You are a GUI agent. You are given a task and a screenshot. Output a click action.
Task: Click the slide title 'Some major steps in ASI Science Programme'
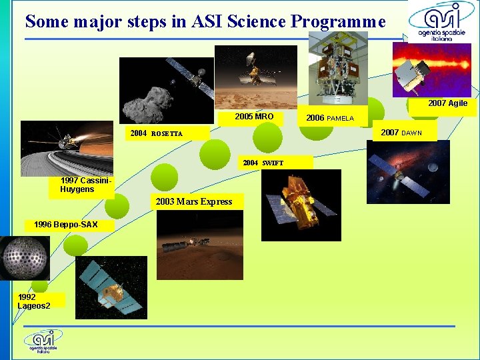tap(205, 21)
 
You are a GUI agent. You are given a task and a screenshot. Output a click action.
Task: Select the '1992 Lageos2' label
tap(40, 301)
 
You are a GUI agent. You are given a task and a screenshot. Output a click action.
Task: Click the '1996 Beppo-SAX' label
tap(65, 225)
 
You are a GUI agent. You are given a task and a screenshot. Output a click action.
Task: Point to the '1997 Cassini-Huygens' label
tap(81, 185)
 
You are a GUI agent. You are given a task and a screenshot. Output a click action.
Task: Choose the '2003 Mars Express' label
tap(193, 202)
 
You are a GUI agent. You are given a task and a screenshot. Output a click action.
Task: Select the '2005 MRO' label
tap(255, 117)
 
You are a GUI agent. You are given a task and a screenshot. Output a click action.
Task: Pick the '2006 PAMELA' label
tap(330, 118)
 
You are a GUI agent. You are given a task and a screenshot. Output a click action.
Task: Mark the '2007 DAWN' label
tap(402, 133)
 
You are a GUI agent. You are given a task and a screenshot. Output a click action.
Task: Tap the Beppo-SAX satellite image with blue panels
tap(111, 287)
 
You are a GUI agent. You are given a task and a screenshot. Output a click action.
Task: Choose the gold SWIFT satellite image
tap(301, 205)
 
